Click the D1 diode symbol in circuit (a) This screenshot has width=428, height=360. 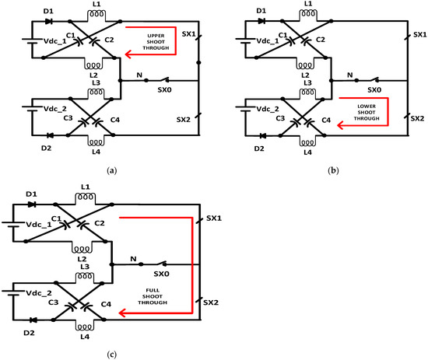point(49,21)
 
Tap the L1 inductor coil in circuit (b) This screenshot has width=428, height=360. point(308,13)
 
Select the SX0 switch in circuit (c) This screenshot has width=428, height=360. point(162,264)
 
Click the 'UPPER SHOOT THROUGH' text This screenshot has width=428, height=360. point(156,42)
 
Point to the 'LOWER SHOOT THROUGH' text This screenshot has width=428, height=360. point(367,113)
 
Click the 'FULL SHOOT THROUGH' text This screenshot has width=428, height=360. point(153,296)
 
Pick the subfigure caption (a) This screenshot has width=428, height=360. point(112,171)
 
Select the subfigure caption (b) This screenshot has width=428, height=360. point(333,171)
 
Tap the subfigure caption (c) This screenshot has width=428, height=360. point(112,355)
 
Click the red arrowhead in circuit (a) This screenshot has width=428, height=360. point(128,54)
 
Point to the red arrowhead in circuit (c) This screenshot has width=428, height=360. point(122,313)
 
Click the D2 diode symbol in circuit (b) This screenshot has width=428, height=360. point(263,135)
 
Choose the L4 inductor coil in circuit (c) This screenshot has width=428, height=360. point(85,327)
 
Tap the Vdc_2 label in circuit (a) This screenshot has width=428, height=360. point(55,109)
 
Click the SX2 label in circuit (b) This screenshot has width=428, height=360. point(417,118)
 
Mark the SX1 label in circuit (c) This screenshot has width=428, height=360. point(214,218)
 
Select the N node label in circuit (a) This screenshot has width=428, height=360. point(139,75)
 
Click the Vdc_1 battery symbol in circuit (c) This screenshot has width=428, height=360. point(12,225)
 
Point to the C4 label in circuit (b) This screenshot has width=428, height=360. point(326,120)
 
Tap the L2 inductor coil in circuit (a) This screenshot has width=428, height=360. point(93,65)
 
